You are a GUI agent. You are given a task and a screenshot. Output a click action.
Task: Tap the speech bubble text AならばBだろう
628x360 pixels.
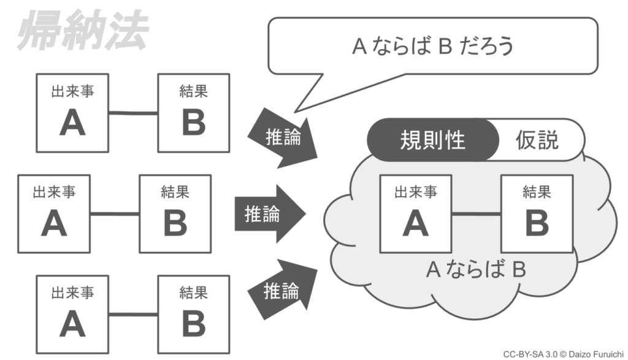click(432, 47)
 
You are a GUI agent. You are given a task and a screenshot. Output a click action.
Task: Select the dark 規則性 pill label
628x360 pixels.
click(432, 140)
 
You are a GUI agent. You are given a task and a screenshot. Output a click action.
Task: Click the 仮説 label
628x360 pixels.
click(537, 140)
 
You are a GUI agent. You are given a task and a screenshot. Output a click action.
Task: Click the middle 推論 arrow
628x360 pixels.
click(266, 214)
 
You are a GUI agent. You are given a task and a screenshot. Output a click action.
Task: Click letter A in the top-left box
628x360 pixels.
click(72, 124)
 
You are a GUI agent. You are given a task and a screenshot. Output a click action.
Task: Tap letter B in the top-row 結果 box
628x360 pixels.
click(193, 124)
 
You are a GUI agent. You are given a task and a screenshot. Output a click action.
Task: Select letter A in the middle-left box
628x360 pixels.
click(54, 224)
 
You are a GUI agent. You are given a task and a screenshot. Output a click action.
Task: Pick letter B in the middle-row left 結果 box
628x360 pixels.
click(175, 224)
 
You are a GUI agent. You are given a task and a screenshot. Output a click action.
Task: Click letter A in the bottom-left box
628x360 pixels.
click(72, 324)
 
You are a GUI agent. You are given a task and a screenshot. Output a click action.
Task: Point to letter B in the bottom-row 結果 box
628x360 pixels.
click(193, 324)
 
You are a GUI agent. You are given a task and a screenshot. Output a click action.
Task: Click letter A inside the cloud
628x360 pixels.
click(415, 224)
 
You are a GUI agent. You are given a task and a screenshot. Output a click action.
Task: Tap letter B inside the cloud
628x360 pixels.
click(537, 224)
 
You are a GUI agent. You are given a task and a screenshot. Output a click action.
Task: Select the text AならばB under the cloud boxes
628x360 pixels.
click(476, 270)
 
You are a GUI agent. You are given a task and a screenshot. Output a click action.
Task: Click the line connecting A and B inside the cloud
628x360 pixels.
click(476, 213)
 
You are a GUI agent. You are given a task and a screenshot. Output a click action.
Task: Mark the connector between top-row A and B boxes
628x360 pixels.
click(132, 113)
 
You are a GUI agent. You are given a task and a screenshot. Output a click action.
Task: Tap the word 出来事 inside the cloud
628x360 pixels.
click(415, 192)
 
